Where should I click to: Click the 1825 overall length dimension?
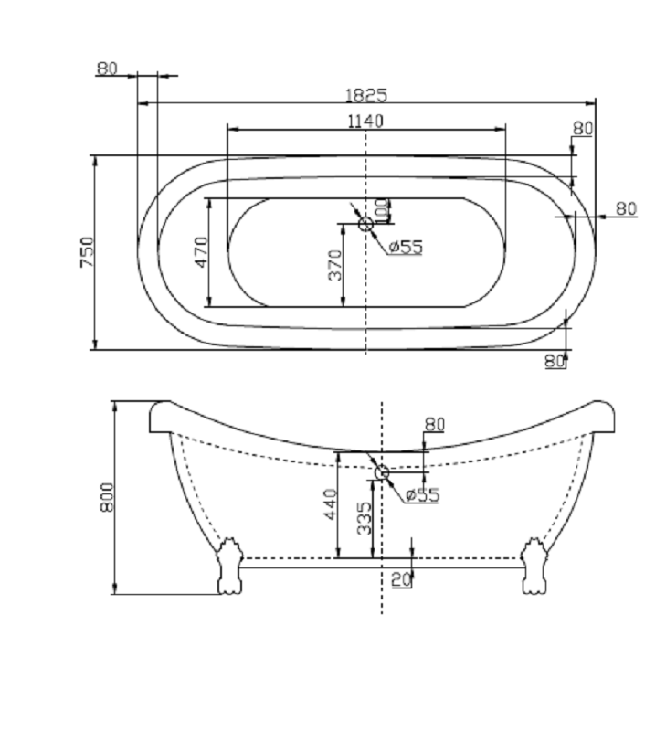[365, 95]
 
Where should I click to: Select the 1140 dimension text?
[365, 122]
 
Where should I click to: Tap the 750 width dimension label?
[87, 252]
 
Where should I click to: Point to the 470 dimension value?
[201, 252]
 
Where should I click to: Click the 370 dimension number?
[335, 265]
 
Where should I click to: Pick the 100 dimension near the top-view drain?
[381, 210]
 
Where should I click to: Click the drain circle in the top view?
[365, 224]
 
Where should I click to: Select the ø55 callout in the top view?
[406, 247]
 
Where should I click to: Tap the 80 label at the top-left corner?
[107, 69]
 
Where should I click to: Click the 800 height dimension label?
[107, 497]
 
